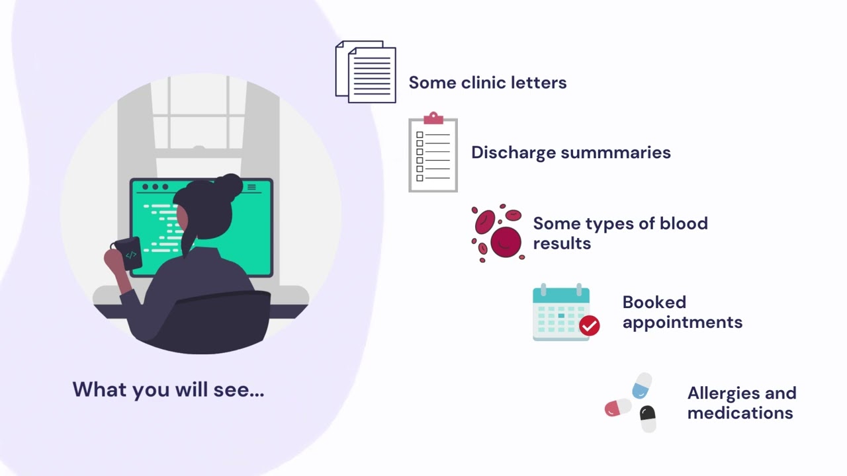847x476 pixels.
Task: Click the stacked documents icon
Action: tap(366, 72)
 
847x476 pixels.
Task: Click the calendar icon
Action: tap(561, 313)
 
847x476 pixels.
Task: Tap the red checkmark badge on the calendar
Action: tap(589, 325)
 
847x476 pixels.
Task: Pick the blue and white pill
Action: tap(642, 385)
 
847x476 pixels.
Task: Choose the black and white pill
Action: tap(648, 418)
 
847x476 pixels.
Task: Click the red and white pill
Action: tap(618, 407)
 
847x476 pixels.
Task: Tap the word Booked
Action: tap(654, 302)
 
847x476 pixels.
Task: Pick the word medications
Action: tap(740, 413)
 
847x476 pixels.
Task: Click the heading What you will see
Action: tap(168, 389)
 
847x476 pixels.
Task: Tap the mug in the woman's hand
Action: tap(128, 253)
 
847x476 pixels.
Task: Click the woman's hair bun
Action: tap(229, 186)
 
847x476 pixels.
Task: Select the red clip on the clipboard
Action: tap(433, 118)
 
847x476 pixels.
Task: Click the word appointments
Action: tap(682, 323)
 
